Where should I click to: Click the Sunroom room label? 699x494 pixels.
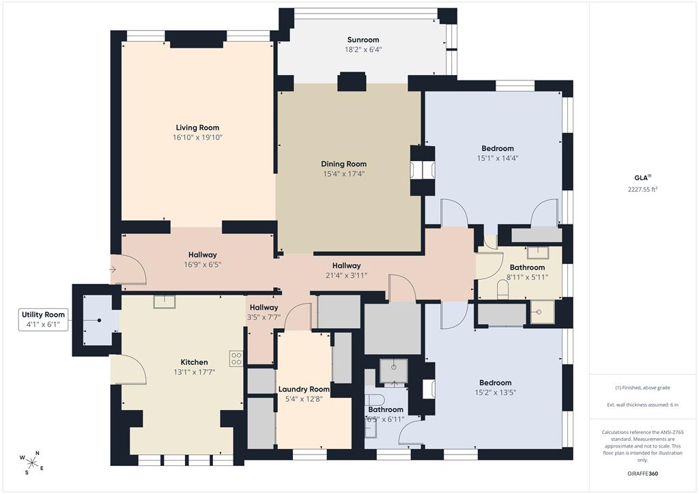tap(363, 40)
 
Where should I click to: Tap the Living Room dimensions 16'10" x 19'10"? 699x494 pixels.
tap(197, 138)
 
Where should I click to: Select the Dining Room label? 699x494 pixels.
tap(344, 164)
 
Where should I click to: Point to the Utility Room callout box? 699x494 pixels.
tap(43, 319)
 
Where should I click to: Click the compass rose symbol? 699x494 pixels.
tap(32, 463)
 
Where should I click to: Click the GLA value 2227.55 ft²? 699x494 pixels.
tap(643, 189)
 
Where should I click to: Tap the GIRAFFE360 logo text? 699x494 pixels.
tap(642, 474)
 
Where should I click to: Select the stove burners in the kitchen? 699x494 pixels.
tap(236, 359)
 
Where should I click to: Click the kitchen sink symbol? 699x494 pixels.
tap(165, 302)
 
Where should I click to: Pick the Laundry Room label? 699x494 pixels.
tap(304, 389)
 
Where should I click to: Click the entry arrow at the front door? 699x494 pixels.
tap(113, 270)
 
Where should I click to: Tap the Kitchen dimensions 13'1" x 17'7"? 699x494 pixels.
tap(195, 372)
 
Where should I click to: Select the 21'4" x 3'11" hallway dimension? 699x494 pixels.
tap(346, 275)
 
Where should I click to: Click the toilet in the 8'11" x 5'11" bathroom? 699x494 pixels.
tap(502, 291)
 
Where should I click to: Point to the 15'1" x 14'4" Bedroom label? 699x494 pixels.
tap(498, 148)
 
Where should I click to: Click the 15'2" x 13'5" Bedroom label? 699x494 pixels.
tap(496, 383)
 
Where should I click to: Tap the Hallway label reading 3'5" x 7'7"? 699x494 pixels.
tap(263, 307)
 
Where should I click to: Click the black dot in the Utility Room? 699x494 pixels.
tap(100, 320)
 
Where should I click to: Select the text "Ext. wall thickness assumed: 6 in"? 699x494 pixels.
tap(642, 405)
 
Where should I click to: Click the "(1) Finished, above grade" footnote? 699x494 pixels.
tap(642, 388)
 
